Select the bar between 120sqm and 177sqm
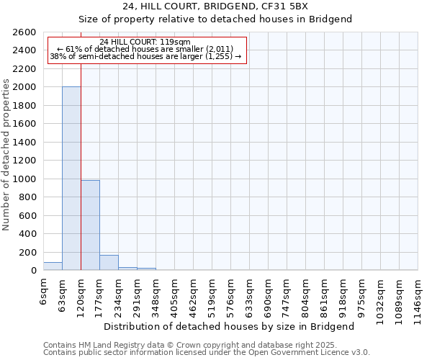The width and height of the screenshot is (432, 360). click(90, 225)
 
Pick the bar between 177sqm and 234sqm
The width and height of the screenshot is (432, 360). click(109, 263)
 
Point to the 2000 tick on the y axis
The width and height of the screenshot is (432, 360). click(26, 87)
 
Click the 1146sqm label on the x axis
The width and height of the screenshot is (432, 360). click(418, 297)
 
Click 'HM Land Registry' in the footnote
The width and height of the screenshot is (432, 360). click(109, 345)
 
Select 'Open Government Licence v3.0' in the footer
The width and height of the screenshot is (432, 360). click(309, 353)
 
